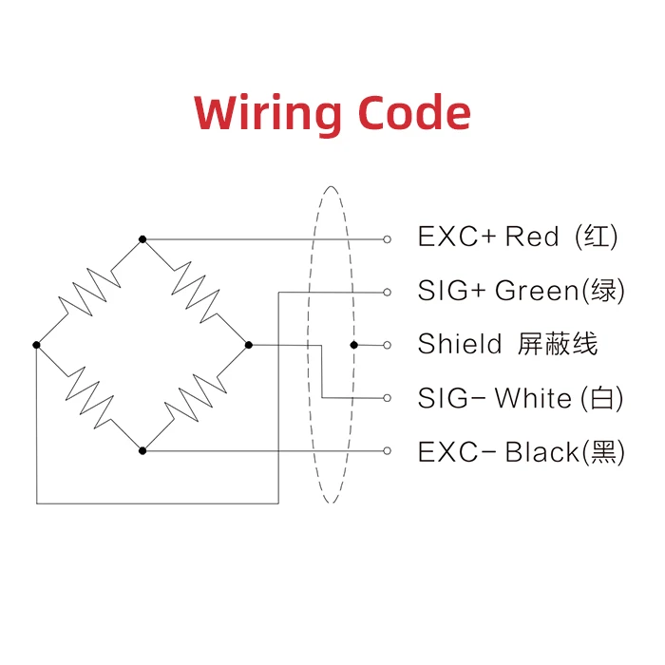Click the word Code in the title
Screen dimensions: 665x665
point(414,113)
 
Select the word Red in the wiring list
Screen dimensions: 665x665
point(532,237)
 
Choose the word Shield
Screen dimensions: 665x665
point(460,344)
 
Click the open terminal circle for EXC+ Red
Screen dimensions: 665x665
point(387,238)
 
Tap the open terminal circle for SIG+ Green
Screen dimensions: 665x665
point(387,292)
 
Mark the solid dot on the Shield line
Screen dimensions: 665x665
point(353,345)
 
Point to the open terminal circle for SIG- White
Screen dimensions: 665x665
point(387,397)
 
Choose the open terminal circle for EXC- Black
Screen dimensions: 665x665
point(387,450)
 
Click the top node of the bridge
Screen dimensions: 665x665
point(142,238)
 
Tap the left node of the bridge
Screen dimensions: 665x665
point(36,344)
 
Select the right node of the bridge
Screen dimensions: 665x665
point(248,344)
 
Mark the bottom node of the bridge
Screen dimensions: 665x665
point(142,449)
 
